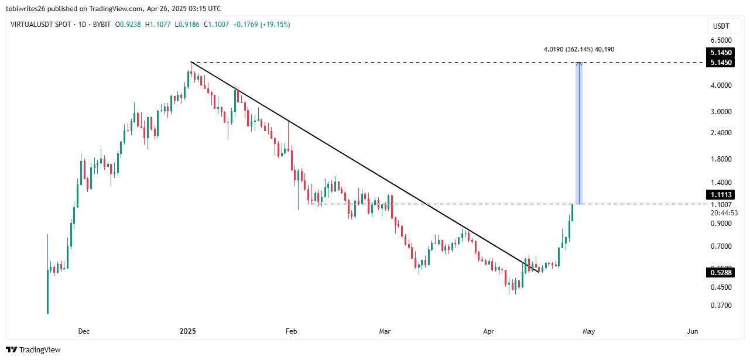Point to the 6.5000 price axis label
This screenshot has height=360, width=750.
click(720, 40)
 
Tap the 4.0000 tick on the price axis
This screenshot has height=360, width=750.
click(720, 85)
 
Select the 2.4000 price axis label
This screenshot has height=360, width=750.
click(720, 133)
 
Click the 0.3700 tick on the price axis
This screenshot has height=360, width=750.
click(720, 305)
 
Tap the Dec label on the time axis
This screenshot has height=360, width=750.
click(84, 332)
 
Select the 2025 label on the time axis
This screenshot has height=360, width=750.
click(187, 332)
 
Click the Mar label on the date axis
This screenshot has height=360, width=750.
click(385, 332)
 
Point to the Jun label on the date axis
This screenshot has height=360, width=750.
click(693, 332)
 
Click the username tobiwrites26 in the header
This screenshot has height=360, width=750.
click(27, 9)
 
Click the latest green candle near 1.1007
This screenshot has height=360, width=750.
click(572, 212)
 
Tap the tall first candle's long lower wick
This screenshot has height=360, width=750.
click(47, 293)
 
